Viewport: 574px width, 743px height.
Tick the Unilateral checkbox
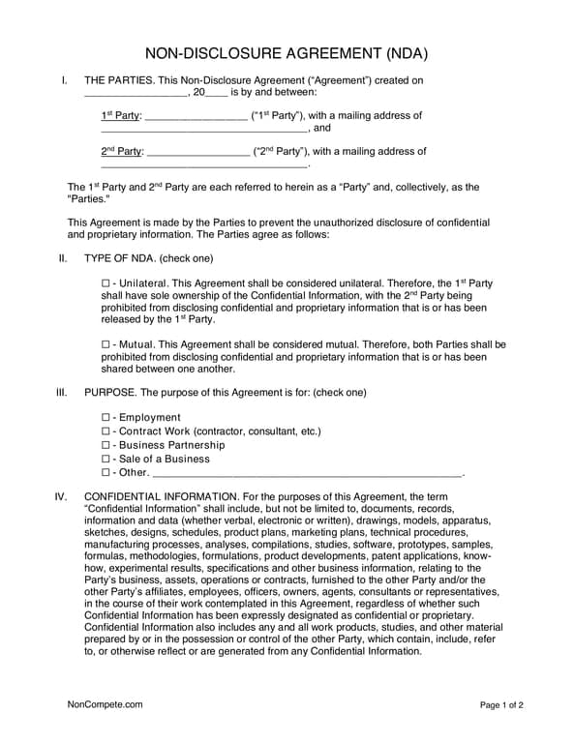[x=106, y=283]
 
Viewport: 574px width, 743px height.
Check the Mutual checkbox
[x=106, y=344]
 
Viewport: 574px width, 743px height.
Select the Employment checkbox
[x=106, y=418]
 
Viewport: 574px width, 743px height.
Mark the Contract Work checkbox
[x=106, y=431]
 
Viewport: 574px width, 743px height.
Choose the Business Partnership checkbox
[x=106, y=445]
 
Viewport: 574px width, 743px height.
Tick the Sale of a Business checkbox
[x=106, y=459]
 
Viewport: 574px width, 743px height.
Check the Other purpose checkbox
[x=106, y=473]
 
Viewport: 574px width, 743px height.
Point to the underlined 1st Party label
[x=120, y=116]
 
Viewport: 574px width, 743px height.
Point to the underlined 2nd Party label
[x=121, y=152]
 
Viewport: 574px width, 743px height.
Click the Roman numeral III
[x=62, y=393]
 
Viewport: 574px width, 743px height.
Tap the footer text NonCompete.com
[x=105, y=705]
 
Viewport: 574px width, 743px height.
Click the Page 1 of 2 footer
[x=501, y=705]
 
